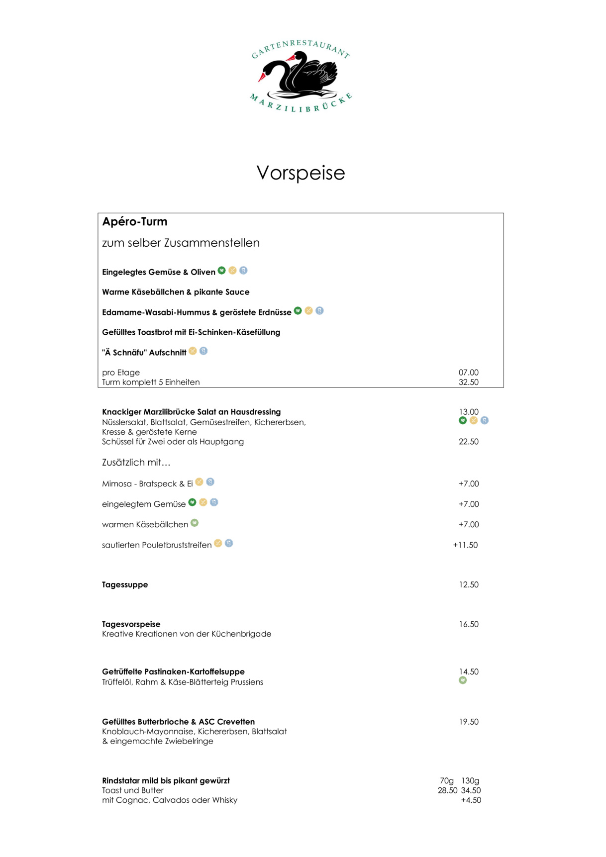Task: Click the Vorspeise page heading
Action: pos(301,173)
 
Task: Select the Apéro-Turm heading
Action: pos(135,222)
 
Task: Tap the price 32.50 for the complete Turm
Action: pos(468,382)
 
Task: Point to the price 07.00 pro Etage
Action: pos(468,373)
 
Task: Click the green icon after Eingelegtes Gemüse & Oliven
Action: pos(222,271)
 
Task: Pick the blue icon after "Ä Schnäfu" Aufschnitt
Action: pos(203,351)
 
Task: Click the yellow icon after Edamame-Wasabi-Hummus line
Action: pos(308,311)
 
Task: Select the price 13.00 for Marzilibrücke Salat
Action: pos(468,412)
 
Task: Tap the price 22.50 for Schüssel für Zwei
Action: pos(468,442)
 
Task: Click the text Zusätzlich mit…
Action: pos(136,463)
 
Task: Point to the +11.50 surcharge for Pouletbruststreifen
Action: pos(465,545)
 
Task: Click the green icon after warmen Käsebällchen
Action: pos(195,523)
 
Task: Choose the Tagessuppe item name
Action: pos(125,585)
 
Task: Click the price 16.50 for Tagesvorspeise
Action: pos(468,624)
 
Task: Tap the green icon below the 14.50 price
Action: pos(463,680)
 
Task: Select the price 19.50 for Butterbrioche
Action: pos(468,722)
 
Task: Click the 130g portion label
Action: pos(470,781)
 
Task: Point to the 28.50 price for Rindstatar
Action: pos(447,790)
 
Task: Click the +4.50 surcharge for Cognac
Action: pos(471,800)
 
